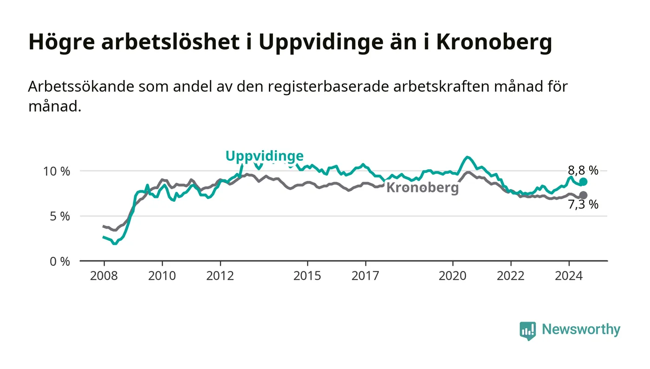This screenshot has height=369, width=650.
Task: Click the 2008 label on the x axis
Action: [x=104, y=276]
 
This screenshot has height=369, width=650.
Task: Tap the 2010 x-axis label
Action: [x=162, y=276]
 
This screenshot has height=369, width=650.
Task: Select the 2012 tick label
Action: [x=220, y=276]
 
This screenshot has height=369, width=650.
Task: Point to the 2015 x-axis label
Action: [x=307, y=276]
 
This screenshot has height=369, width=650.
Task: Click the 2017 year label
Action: [x=365, y=276]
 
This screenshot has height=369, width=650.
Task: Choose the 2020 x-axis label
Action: [x=452, y=276]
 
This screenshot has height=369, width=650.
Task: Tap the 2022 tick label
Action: [x=511, y=276]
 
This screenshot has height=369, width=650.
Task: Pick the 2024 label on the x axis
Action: [x=569, y=276]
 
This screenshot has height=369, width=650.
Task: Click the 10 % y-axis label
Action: [x=57, y=171]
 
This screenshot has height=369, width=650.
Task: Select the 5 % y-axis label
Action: [x=60, y=217]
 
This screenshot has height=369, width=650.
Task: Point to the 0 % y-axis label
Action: [x=60, y=262]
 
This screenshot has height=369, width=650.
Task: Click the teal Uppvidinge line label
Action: [x=265, y=156]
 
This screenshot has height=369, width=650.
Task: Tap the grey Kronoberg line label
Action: [x=422, y=187]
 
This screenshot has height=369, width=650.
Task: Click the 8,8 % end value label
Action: [x=583, y=171]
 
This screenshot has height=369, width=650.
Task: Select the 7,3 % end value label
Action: [x=583, y=204]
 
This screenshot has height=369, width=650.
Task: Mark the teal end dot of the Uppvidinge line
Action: [x=583, y=182]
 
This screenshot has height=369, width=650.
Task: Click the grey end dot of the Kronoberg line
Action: [x=583, y=195]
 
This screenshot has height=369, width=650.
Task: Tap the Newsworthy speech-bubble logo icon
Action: [x=528, y=330]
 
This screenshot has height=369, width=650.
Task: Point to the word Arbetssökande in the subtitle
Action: [x=81, y=86]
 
